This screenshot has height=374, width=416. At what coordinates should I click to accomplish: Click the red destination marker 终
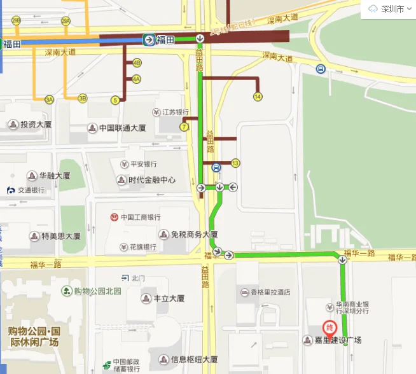click(330, 328)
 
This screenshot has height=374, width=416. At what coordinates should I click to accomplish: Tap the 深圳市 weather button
click(387, 9)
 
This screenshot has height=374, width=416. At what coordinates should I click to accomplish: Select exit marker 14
click(257, 97)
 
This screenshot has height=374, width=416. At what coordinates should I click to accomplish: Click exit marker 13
click(235, 163)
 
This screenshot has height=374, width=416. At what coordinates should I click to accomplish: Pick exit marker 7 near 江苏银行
click(184, 127)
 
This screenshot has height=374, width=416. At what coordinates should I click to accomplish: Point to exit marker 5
click(115, 100)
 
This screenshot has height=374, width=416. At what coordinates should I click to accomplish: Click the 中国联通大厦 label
click(121, 128)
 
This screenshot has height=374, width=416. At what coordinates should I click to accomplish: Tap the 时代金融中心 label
click(151, 180)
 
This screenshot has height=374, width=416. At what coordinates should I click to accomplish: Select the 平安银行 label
click(143, 164)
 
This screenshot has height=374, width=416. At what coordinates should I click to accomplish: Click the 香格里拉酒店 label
click(269, 292)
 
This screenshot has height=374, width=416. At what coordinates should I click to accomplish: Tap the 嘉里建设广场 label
click(340, 340)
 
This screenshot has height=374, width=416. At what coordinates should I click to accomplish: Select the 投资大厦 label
click(36, 124)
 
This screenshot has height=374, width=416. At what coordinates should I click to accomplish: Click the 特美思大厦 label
click(60, 236)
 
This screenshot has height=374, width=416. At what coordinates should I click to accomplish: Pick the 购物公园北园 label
click(97, 291)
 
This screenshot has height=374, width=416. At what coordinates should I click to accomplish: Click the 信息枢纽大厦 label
click(194, 359)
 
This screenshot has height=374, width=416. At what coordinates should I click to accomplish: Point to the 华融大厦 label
click(54, 176)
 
